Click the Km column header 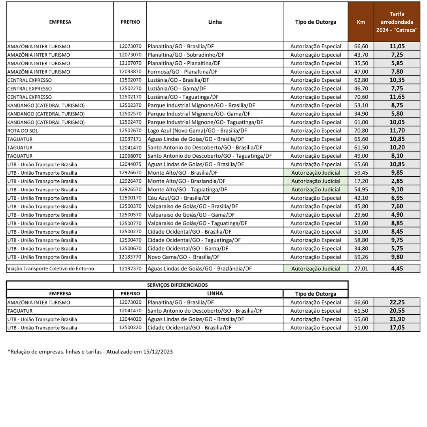361,22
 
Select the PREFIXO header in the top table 130,22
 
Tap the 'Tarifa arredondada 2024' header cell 397,22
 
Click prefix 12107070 130,63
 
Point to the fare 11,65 397,97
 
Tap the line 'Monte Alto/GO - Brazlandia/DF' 186,181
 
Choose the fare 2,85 397,181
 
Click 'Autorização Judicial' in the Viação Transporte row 316,269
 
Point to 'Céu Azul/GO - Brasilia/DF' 179,198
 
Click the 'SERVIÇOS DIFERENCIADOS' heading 177,285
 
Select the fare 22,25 397,302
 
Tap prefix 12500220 130,328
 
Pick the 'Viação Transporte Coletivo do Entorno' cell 51,269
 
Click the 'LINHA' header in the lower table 215,293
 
